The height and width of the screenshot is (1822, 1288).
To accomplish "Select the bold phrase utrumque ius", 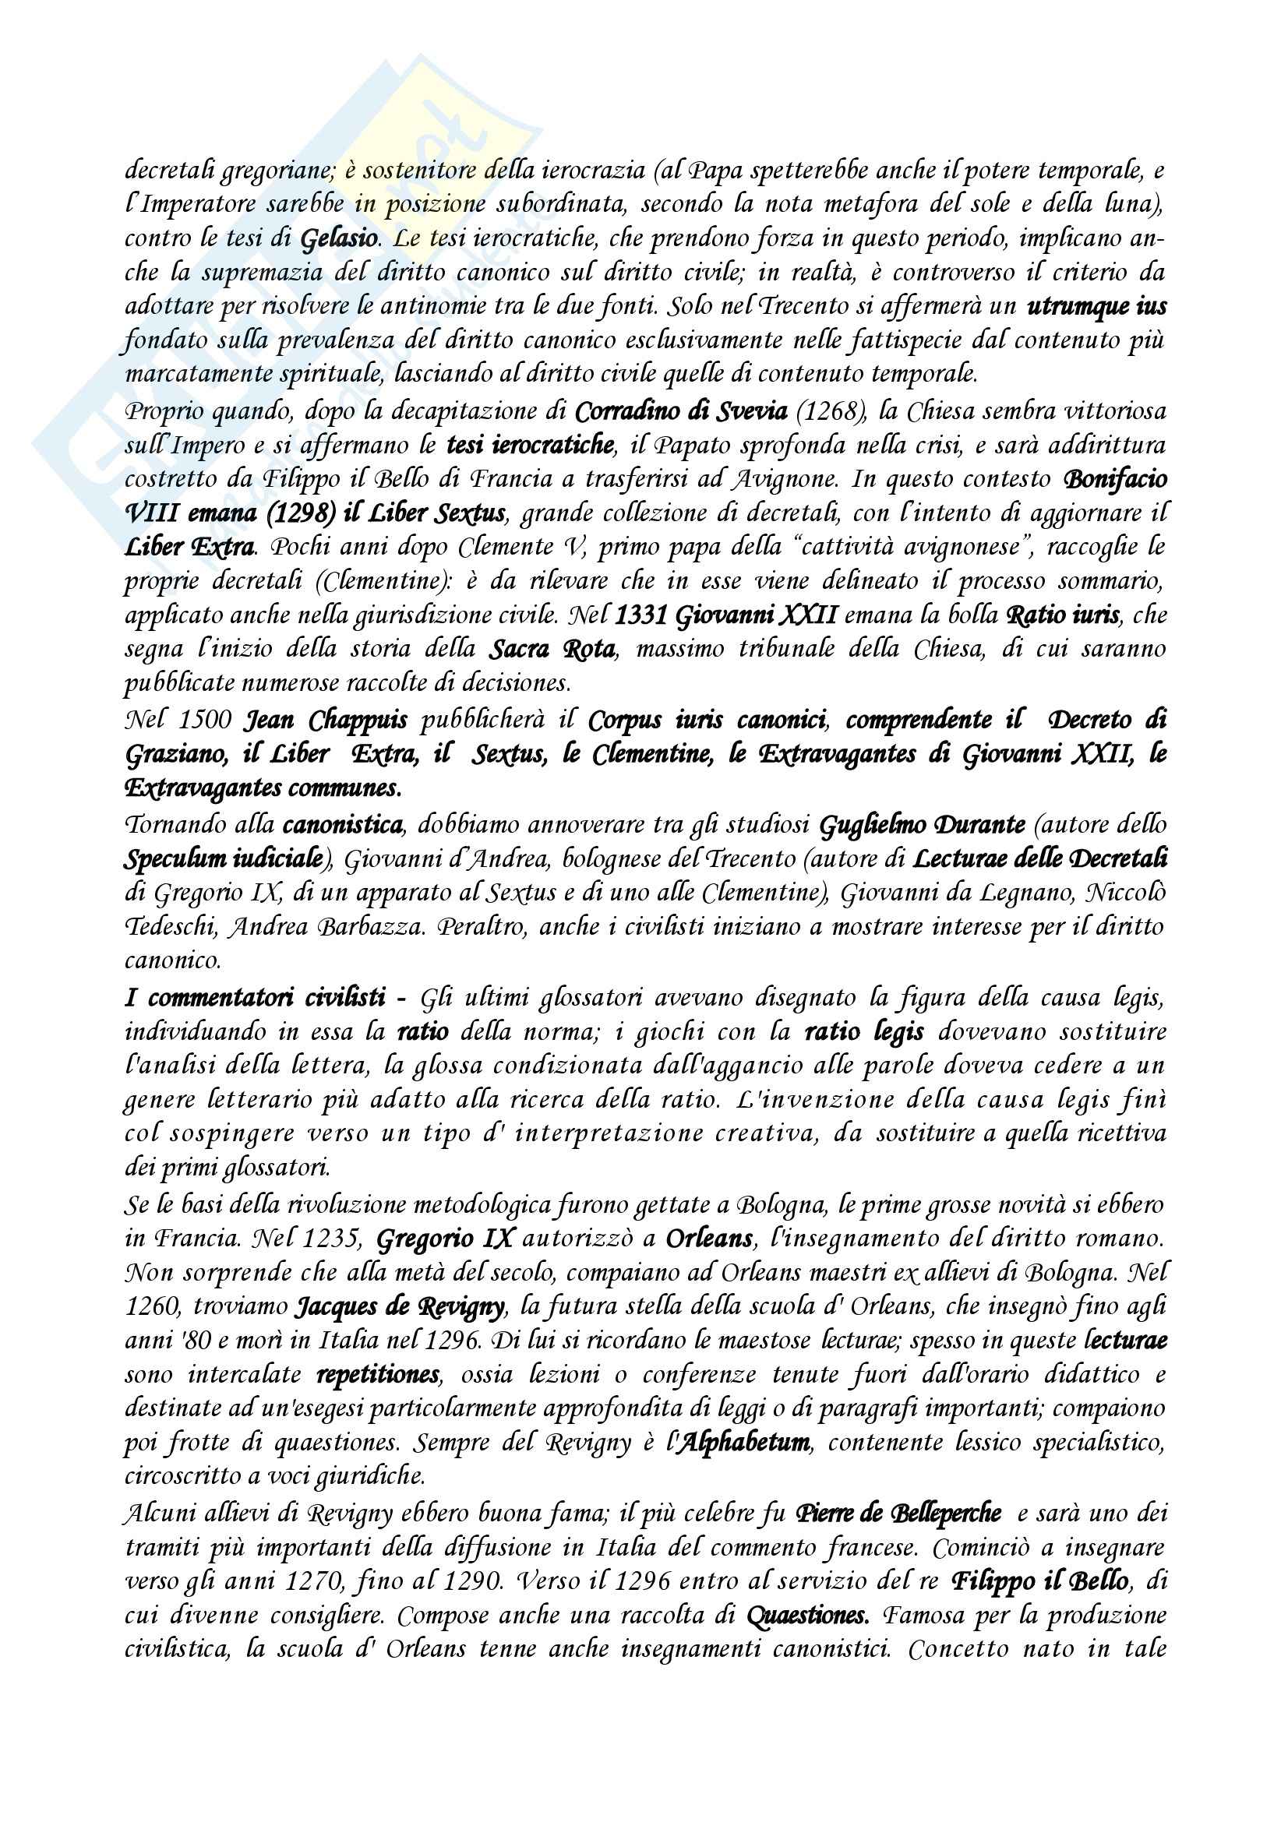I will coord(1097,306).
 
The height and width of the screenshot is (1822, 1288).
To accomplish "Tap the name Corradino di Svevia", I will coord(681,412).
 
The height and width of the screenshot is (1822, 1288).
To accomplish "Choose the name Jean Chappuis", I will coord(325,720).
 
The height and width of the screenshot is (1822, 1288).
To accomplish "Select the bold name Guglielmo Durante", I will coord(921,825).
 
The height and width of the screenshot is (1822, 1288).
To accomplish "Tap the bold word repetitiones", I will coord(378,1375).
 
